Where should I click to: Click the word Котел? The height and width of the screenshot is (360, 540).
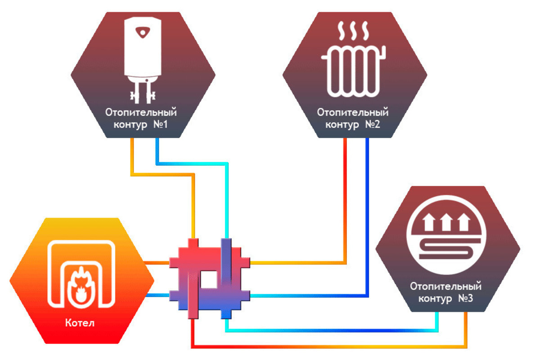80,323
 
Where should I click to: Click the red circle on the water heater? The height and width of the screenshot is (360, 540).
143,32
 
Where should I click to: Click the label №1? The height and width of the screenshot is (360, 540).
160,124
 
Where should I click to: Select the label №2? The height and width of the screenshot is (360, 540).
372,124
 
